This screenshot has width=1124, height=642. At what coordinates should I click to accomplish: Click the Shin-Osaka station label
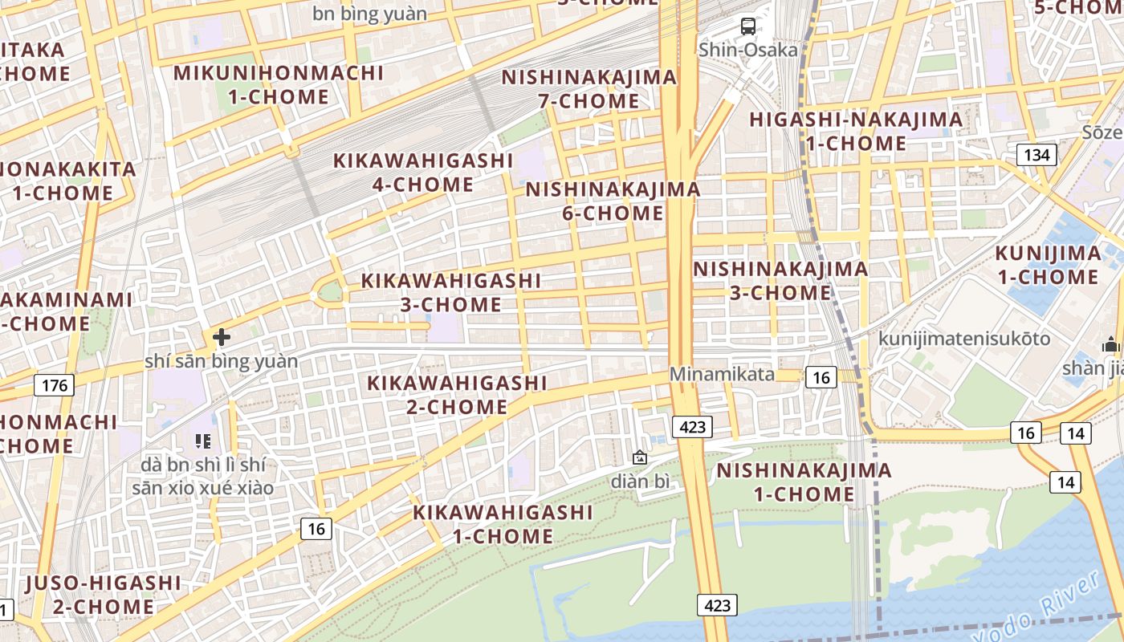tap(748, 50)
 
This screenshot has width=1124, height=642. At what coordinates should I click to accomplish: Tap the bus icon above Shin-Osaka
tap(748, 26)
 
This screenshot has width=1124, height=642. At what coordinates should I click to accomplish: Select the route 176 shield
tap(55, 386)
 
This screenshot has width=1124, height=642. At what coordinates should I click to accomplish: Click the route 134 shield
tap(1036, 155)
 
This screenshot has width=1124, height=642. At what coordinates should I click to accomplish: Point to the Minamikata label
tap(722, 374)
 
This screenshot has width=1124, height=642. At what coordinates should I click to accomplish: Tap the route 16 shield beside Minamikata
tap(821, 376)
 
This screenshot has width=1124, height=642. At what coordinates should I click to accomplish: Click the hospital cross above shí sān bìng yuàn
tap(222, 337)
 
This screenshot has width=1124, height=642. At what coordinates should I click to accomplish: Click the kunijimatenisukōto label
tap(963, 338)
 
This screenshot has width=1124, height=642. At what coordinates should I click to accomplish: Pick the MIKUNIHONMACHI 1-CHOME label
tap(279, 84)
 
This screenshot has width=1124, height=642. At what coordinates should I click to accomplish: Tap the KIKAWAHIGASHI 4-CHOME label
tap(423, 172)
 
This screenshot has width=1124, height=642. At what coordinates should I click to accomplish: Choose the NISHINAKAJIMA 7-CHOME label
tap(589, 89)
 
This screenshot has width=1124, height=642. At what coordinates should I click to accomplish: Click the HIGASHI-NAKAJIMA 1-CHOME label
tap(856, 132)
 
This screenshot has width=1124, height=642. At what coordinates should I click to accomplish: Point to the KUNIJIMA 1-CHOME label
tap(1048, 265)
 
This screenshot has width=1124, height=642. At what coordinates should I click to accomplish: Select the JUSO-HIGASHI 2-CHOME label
tap(104, 594)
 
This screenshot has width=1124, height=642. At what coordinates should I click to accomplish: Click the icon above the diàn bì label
tap(640, 458)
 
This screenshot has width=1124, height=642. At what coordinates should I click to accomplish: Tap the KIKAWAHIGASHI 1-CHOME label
tap(503, 523)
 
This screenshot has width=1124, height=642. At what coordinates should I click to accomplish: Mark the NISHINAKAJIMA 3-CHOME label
tap(780, 280)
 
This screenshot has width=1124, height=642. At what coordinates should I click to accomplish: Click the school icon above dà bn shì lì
tap(202, 441)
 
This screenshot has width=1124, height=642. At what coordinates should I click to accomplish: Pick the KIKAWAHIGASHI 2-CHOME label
tap(457, 394)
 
